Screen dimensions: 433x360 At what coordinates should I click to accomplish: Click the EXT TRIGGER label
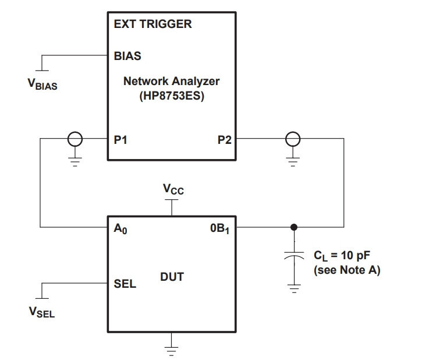pos(152,24)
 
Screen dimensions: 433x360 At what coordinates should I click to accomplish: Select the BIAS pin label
pos(127,56)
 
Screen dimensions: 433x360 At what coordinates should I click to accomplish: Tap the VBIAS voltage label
pos(42,84)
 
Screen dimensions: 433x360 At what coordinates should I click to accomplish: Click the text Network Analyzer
pos(171,82)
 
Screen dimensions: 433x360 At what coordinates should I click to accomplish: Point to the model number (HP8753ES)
pos(172,96)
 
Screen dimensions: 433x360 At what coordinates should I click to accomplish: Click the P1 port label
pos(120,140)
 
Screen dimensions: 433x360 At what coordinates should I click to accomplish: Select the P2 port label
pos(225,140)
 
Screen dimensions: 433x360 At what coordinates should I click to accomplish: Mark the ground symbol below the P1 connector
pos(75,161)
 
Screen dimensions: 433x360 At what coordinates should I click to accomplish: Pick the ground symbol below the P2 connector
pos(293,161)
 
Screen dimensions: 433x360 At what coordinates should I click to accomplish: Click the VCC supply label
pos(173,189)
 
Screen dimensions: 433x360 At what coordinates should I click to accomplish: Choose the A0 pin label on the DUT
pos(120,229)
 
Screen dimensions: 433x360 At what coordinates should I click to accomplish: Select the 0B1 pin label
pos(219,229)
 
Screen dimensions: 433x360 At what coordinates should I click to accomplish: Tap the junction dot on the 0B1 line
pos(294,227)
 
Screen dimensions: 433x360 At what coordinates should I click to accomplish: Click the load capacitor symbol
pos(294,256)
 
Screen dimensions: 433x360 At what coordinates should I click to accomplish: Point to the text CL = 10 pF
pos(342,256)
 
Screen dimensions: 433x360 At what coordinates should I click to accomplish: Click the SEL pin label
pos(125,284)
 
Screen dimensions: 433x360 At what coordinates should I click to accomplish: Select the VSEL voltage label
pos(42,312)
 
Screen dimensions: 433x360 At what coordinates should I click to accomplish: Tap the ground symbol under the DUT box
pos(171,351)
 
